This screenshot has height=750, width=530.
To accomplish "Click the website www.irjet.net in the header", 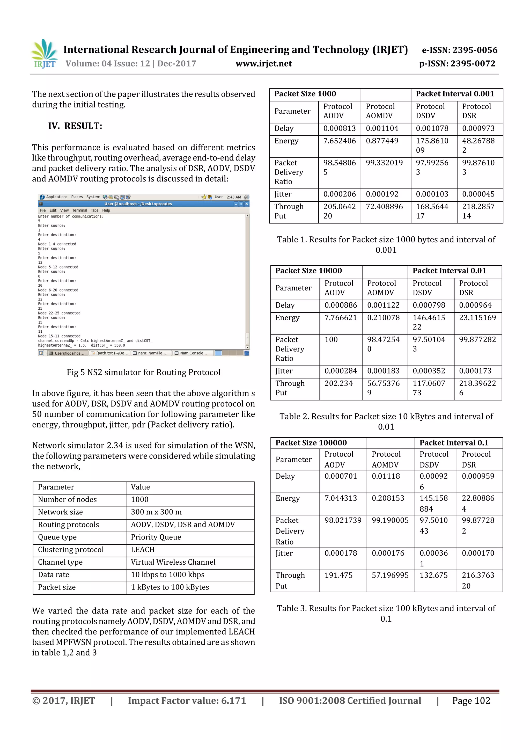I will click(x=263, y=64).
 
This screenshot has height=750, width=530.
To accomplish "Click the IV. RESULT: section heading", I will click(x=75, y=126).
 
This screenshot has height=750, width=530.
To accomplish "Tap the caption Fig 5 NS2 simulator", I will click(x=143, y=372).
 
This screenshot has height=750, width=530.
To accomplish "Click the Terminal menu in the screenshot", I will click(x=80, y=210).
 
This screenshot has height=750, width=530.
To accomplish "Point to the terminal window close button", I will click(x=247, y=204).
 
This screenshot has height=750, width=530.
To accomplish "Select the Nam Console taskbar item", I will click(x=193, y=353).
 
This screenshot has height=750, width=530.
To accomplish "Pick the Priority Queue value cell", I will click(x=156, y=537).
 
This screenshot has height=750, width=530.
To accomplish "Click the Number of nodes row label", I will click(x=67, y=500).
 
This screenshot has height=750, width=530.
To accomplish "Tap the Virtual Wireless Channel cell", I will click(x=173, y=562).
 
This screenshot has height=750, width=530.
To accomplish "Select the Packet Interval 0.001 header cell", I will click(x=455, y=94).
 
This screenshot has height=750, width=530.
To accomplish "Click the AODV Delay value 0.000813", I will click(x=339, y=128).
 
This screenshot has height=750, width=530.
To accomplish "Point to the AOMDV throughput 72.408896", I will click(x=384, y=207).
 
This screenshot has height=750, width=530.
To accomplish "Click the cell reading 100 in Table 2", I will click(x=331, y=340).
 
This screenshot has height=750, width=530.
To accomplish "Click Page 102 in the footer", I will click(x=471, y=701).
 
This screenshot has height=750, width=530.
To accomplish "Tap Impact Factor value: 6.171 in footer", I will click(x=187, y=701).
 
